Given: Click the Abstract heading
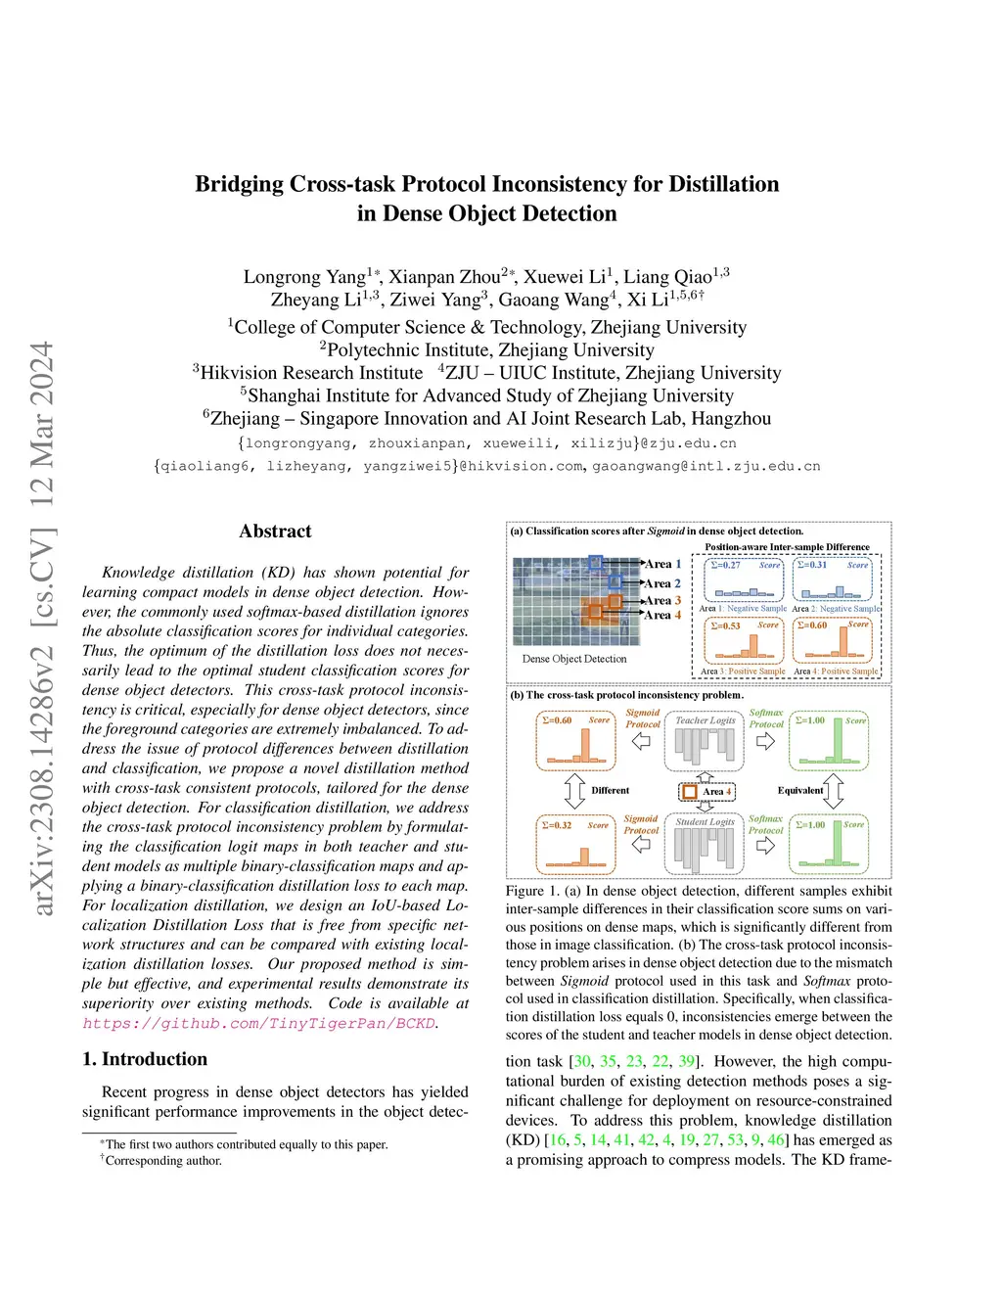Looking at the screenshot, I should pos(275,532).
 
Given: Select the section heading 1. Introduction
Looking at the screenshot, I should pos(145,1059).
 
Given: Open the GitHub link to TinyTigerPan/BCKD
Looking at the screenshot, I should pos(259,1023).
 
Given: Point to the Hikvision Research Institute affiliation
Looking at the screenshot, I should pos(311,373).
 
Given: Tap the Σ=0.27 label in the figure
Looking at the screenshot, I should pos(725,565).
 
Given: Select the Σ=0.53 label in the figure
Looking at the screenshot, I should pos(725,625).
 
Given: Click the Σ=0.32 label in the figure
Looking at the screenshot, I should pos(557,825).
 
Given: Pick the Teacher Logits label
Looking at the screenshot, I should pos(705,720).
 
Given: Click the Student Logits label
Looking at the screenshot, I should pos(705,821).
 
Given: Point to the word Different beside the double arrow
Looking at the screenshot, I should pos(611,790).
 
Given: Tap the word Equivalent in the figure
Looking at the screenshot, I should pos(799,790).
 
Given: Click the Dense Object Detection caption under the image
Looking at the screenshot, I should pos(574,659).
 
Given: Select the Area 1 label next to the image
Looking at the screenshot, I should pos(662,564).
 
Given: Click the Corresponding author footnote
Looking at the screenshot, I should pos(163,1161).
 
